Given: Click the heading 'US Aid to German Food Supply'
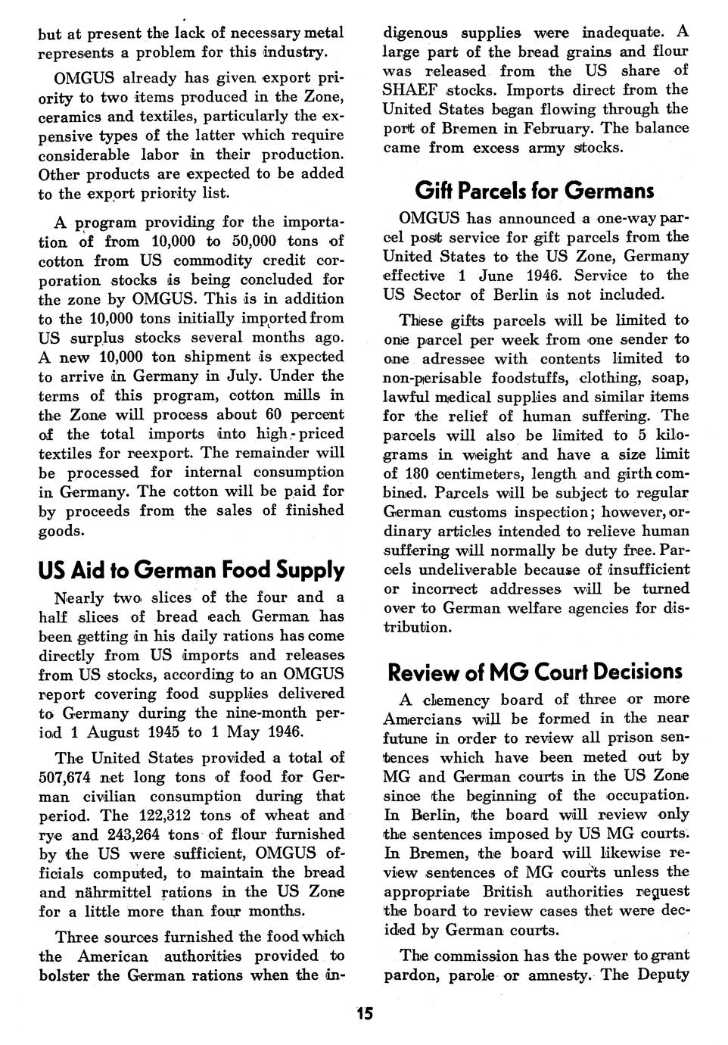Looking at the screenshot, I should pos(191,569).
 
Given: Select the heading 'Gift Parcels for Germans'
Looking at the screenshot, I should pos(534,189).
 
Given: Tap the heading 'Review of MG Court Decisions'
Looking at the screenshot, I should pos(534,672).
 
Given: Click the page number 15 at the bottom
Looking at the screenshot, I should pos(365,1014).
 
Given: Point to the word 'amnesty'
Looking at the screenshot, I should pos(552,975).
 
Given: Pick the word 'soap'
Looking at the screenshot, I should pos(671,377).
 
